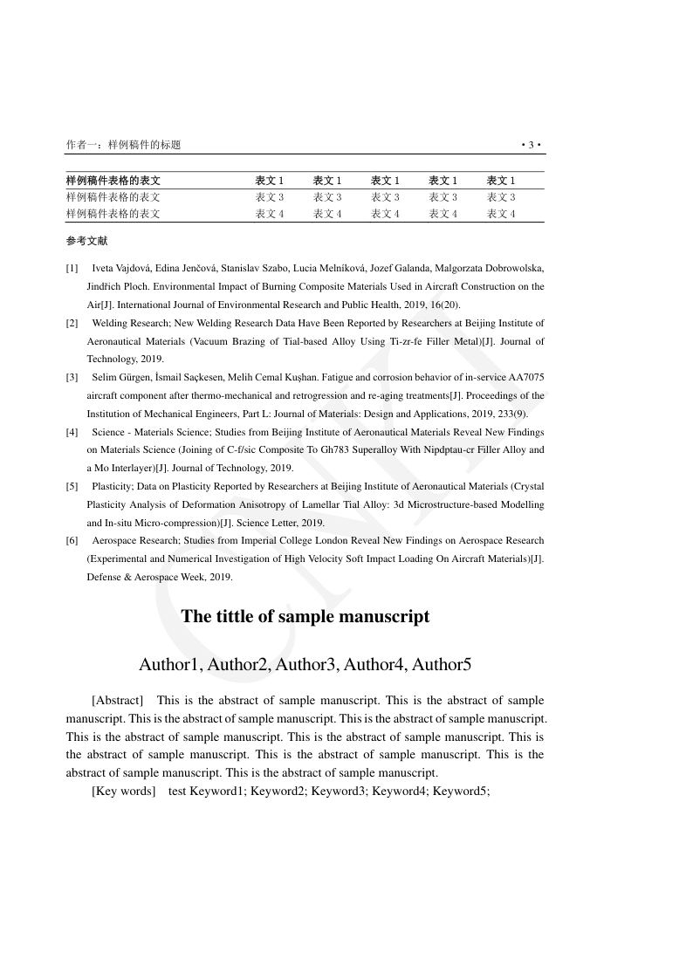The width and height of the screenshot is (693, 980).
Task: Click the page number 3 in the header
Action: coord(532,145)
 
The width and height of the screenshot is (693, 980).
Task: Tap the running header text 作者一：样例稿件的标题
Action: coord(123,145)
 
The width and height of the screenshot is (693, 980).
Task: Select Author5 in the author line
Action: coord(442,665)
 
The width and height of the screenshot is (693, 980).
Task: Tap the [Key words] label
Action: coord(123,792)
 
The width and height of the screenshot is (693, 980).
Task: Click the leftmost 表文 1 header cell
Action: coord(270,181)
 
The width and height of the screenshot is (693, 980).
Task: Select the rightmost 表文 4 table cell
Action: coord(501,214)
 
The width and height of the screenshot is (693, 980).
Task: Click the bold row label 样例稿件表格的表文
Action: coord(113,181)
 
